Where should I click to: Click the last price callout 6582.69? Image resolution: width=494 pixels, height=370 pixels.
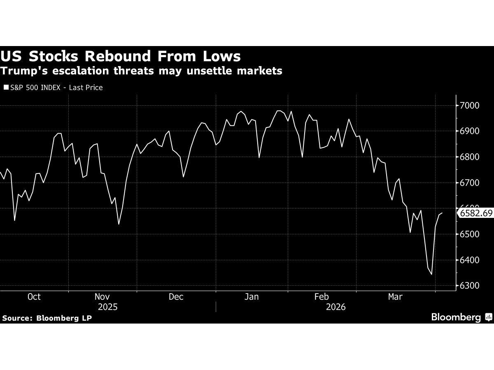coord(475,213)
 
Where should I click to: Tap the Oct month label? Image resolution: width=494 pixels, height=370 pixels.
coord(34,297)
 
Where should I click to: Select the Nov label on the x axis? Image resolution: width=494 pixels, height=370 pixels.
coord(102,297)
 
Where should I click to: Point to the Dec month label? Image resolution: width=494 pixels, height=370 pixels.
coord(176,297)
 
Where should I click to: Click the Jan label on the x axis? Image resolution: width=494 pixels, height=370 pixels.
coord(252,297)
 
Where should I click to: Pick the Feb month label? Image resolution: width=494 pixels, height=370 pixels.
coord(322,297)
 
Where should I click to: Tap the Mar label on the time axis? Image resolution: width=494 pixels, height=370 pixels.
coord(395,297)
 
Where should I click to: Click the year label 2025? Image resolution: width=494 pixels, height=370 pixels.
coord(108,307)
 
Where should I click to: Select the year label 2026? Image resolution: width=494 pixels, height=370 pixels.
coord(335,307)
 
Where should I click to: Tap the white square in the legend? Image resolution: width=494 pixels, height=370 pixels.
coord(5,88)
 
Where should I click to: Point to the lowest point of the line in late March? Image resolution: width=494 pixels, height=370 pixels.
coord(431,275)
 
